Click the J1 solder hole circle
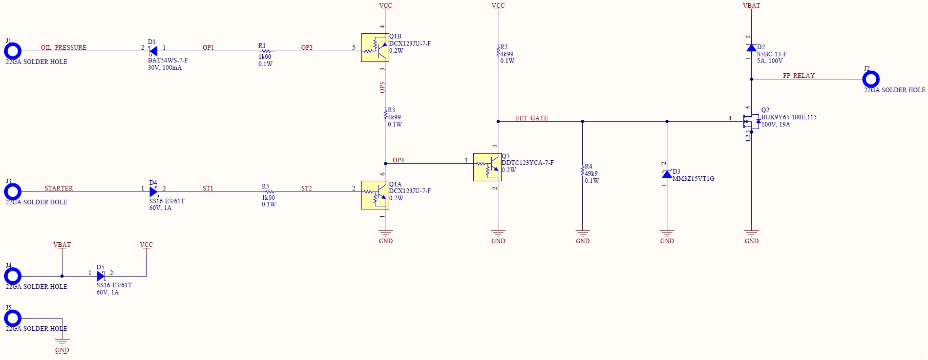click(13, 51)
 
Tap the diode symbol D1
click(153, 51)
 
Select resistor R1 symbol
click(265, 51)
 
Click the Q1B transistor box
click(375, 48)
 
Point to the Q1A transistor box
click(375, 195)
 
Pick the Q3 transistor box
click(487, 167)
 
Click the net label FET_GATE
click(532, 118)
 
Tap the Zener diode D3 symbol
click(667, 174)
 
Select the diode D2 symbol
click(751, 48)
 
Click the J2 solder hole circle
click(871, 79)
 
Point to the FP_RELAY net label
click(798, 76)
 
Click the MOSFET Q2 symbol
click(751, 122)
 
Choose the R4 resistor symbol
click(582, 171)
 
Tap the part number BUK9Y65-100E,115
click(789, 117)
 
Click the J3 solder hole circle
click(13, 192)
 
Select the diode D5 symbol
click(100, 277)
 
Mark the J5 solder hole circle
click(13, 319)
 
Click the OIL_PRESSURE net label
click(64, 48)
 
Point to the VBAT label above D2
click(751, 6)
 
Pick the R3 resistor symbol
click(386, 114)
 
